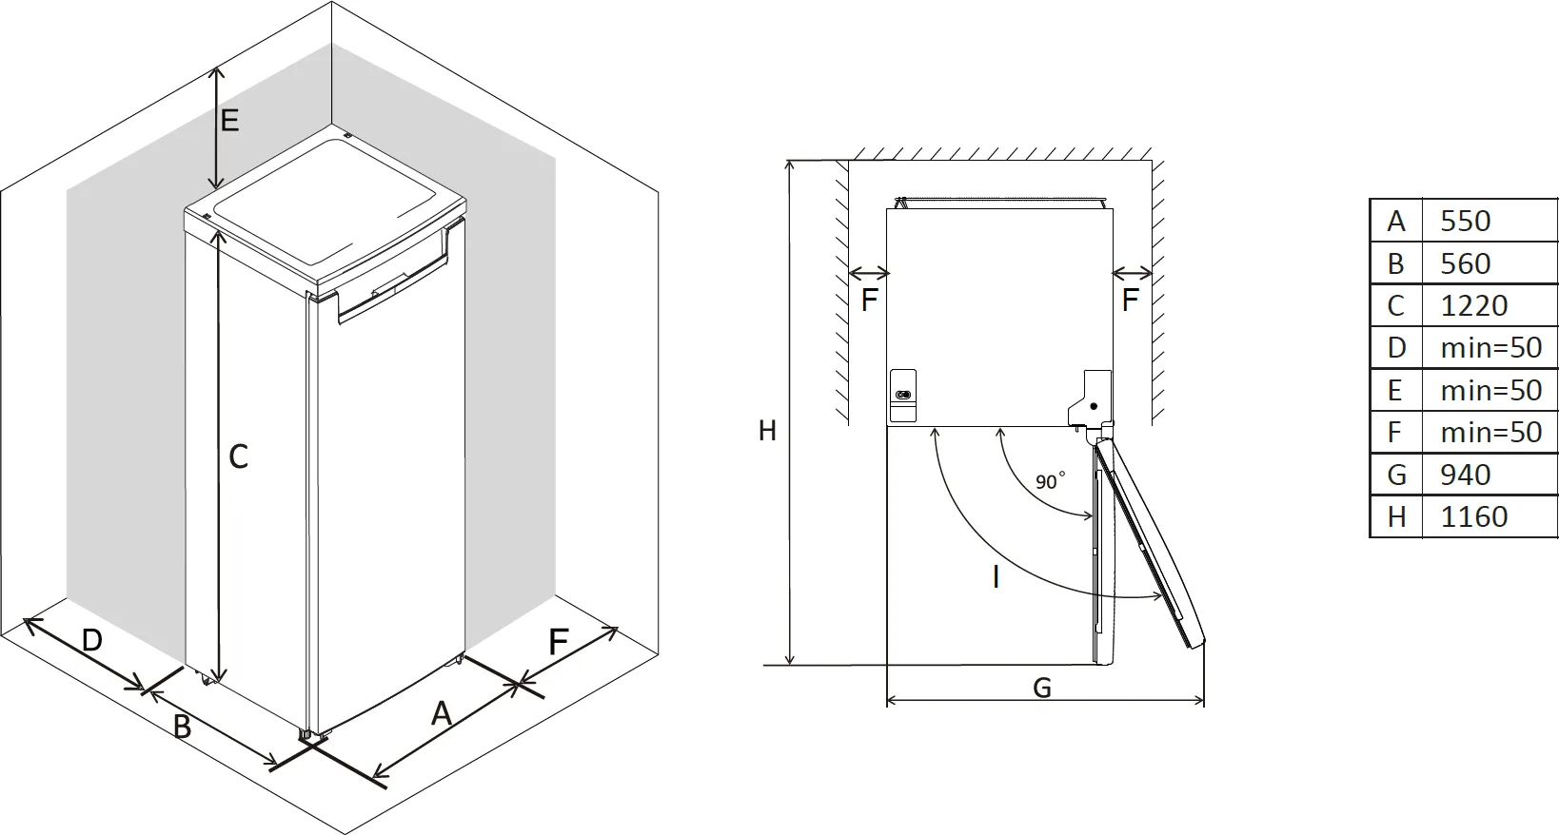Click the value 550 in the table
tap(1465, 221)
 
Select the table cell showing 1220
tap(1473, 305)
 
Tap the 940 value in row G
tap(1465, 474)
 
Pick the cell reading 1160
tap(1473, 516)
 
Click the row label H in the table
tap(1396, 516)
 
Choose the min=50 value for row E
tap(1490, 390)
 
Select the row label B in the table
tap(1396, 263)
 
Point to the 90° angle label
tap(1049, 481)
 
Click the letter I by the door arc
tap(996, 576)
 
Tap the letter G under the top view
tap(1042, 688)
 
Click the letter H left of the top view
tap(767, 431)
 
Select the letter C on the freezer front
tap(238, 457)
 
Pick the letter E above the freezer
tap(229, 121)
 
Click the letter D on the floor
tap(91, 640)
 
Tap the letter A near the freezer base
tap(441, 713)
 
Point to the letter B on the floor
tap(182, 728)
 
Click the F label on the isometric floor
tap(559, 642)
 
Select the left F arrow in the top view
tap(868, 274)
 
